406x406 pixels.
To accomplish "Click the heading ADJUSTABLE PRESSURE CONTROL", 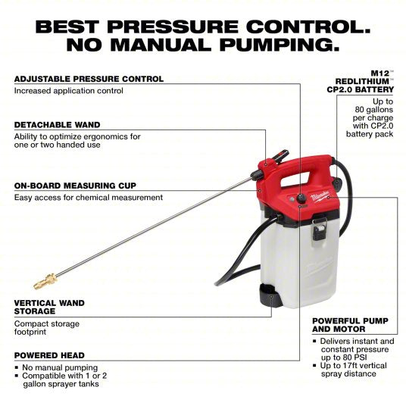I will pos(88,79).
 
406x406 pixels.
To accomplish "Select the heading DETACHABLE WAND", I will pos(57,124).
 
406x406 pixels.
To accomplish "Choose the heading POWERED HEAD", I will pos(49,354).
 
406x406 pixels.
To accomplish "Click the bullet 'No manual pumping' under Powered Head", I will pos(60,367).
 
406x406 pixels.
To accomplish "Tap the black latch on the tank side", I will pos(321,225).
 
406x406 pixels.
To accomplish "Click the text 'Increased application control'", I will pos(68,91).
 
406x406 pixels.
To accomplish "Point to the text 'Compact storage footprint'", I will pos(47,328).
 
